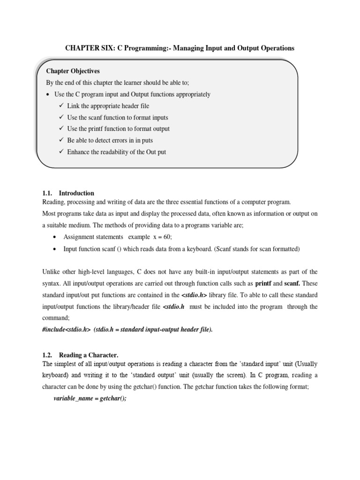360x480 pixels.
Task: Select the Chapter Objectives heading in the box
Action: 73,71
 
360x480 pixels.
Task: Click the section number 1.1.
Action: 48,193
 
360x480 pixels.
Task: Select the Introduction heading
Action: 76,193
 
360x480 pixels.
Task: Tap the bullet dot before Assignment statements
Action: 55,237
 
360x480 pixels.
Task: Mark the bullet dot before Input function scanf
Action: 55,249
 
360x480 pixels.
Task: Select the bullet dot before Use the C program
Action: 49,95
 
